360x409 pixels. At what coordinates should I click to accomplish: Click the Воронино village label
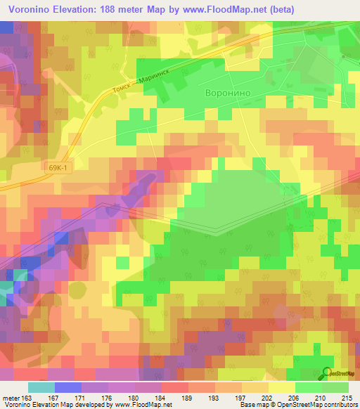tap(227, 92)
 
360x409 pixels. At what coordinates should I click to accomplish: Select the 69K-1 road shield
tap(61, 167)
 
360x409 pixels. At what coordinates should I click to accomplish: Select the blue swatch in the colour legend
tap(67, 387)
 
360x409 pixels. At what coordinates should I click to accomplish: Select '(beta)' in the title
tap(280, 9)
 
